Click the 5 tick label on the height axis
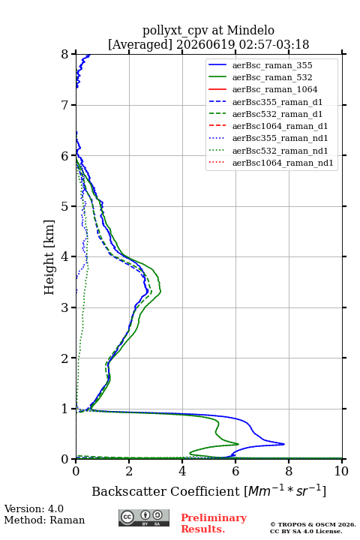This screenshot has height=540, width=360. [65, 206]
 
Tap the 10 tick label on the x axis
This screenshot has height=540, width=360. [341, 471]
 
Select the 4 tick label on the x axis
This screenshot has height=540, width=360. [182, 471]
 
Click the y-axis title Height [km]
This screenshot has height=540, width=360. [49, 257]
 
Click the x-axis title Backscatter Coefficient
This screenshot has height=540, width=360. [166, 491]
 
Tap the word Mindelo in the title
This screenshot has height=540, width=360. [250, 30]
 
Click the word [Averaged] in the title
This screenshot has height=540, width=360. [140, 44]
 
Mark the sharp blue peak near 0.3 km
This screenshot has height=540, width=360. [284, 444]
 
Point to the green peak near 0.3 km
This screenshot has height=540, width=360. [238, 443]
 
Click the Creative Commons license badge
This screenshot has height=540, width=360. [144, 517]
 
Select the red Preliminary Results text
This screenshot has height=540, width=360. [214, 523]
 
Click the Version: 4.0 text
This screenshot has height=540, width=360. [34, 509]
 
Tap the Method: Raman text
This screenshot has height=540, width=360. [44, 520]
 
